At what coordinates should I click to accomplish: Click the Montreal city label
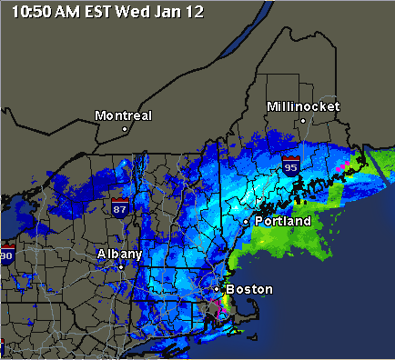click(124, 115)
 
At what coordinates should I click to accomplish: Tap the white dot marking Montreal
click(125, 129)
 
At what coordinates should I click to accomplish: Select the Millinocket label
click(303, 106)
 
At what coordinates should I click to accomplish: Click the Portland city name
click(283, 221)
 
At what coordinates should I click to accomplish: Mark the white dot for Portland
click(246, 221)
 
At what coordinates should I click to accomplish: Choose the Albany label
click(119, 254)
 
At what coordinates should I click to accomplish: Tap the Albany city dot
click(120, 267)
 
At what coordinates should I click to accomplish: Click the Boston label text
click(248, 289)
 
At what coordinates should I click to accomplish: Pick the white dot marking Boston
click(217, 289)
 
